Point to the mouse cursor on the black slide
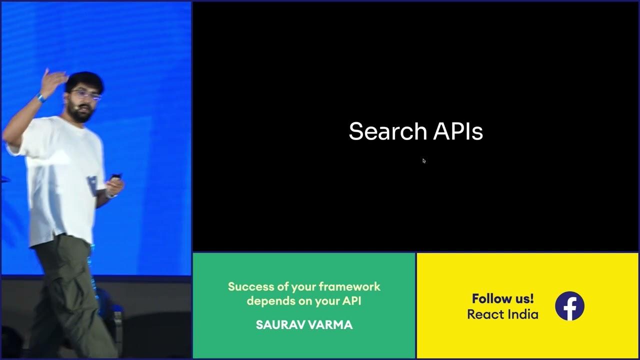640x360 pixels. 424,160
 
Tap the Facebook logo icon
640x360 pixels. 569,306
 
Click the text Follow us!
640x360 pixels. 502,298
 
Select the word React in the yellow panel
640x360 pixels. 485,314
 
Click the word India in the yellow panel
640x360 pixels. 523,314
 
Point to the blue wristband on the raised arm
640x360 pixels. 41,97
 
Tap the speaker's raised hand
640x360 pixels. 55,80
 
